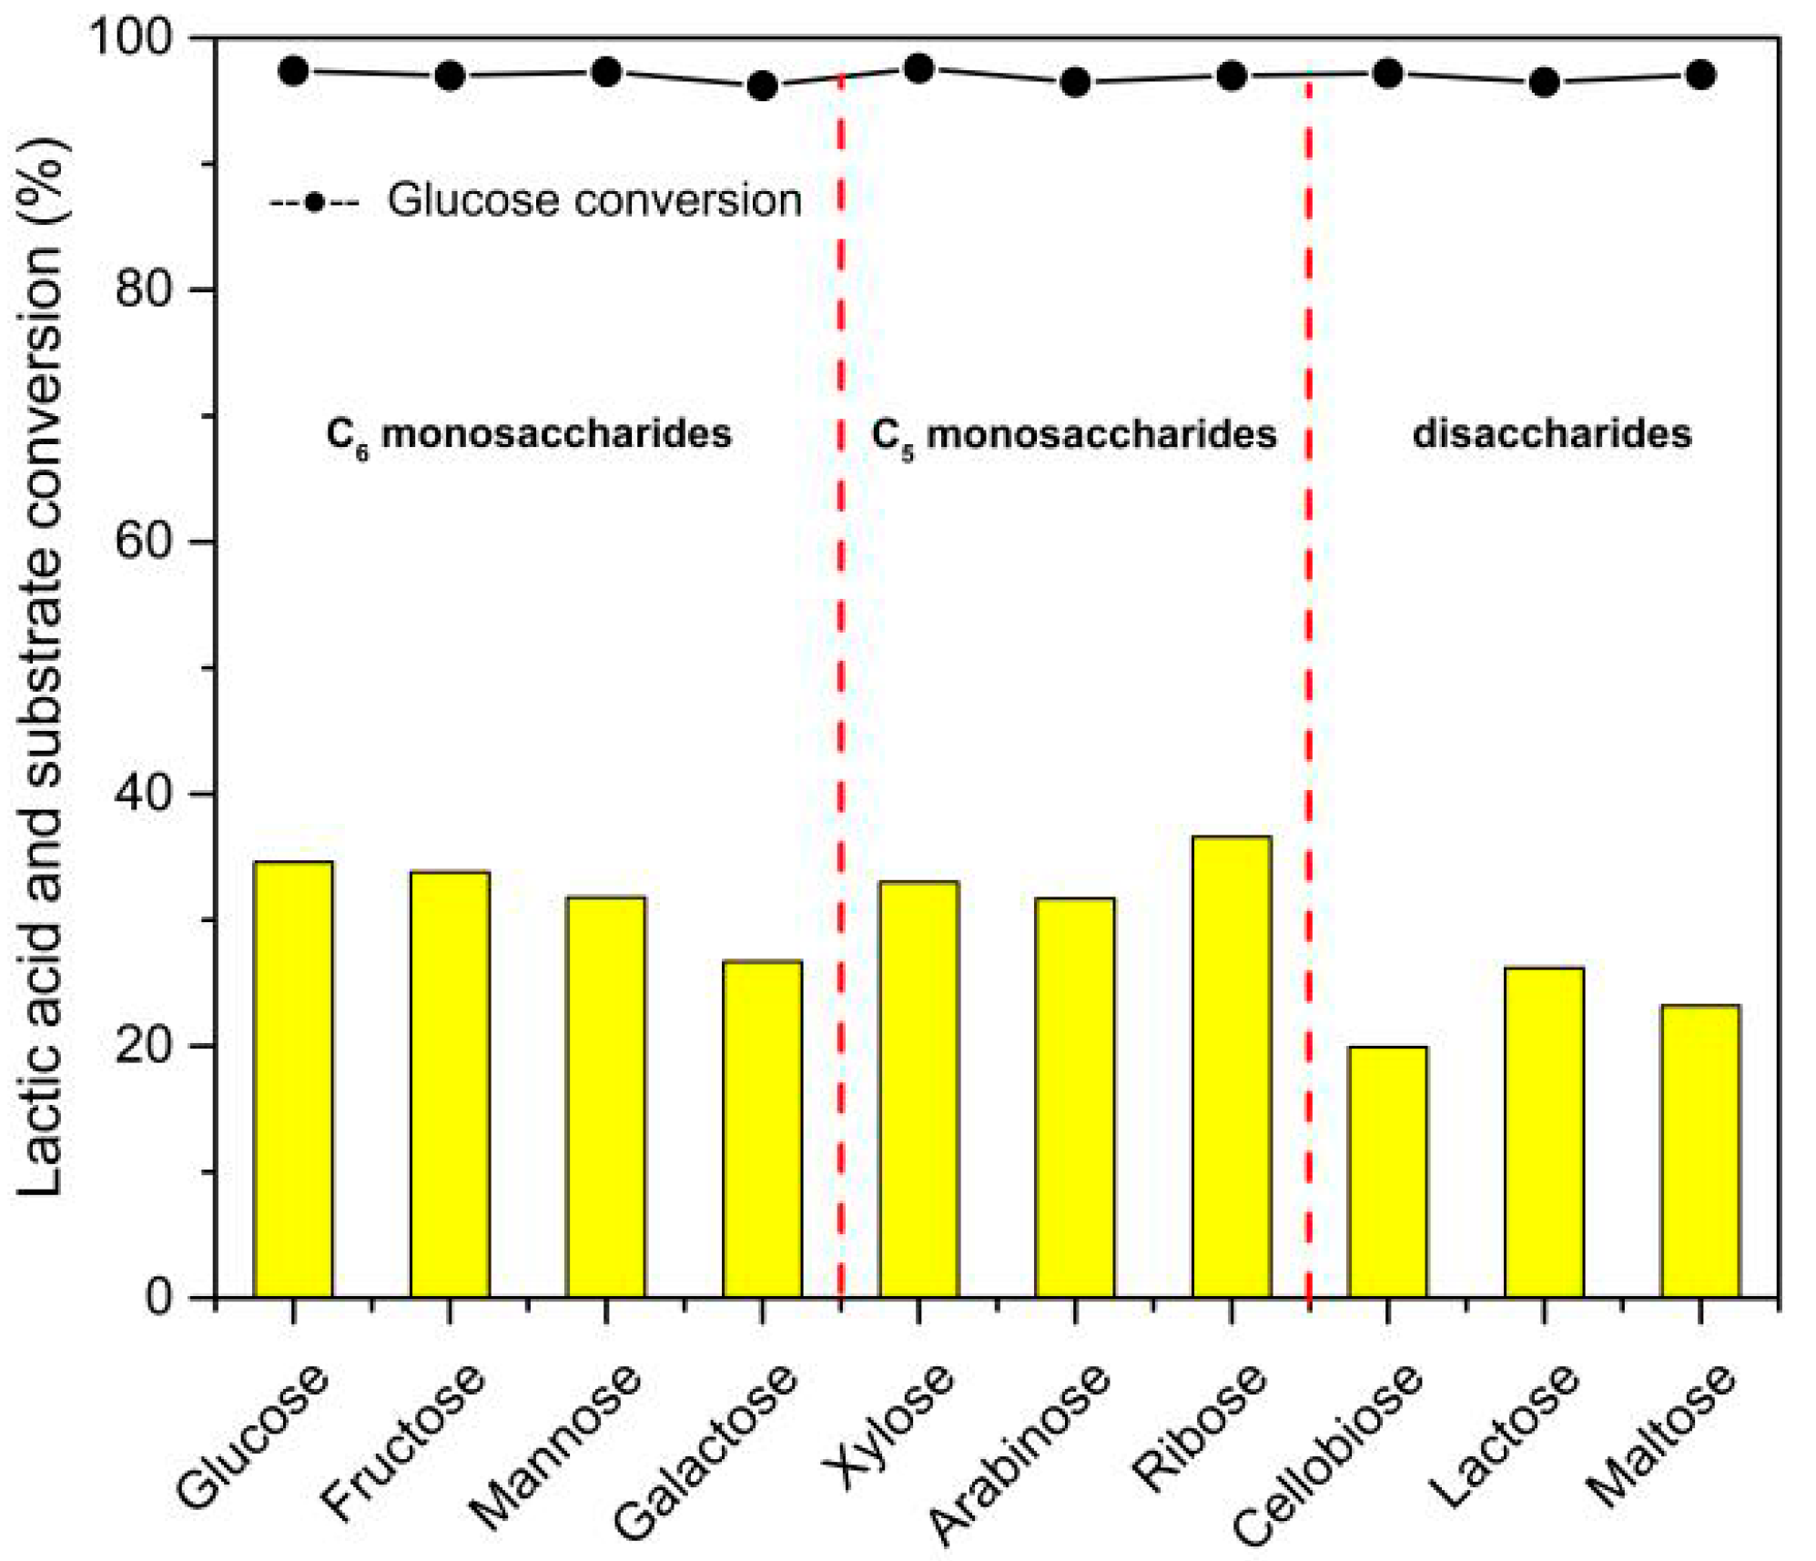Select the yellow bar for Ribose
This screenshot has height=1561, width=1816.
[1231, 1065]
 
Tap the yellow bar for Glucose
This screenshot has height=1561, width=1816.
[293, 1079]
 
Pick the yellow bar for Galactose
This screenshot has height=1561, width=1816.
[762, 1129]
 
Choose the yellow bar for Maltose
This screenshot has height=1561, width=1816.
[1699, 1150]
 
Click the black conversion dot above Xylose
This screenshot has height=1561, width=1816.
[918, 68]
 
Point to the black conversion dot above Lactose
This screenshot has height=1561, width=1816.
[1544, 83]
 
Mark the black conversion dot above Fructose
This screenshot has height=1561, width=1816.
[450, 76]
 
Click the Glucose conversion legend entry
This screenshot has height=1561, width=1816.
[537, 200]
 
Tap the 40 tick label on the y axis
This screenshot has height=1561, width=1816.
[144, 794]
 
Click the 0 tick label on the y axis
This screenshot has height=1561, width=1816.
[159, 1296]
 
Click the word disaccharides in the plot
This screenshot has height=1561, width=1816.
[1551, 433]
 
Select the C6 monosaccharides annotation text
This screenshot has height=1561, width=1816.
[529, 435]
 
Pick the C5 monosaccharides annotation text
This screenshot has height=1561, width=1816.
[1074, 435]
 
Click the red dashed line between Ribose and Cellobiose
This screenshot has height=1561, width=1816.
[1308, 637]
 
